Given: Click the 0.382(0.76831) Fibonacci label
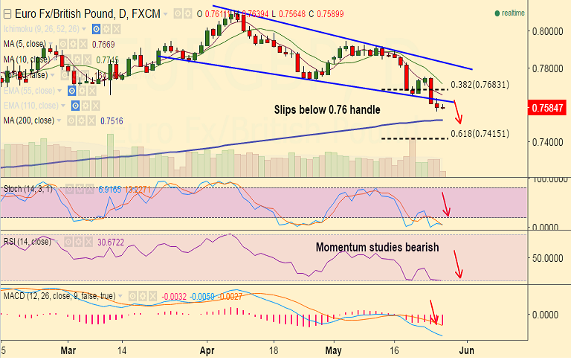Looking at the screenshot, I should coord(480,85).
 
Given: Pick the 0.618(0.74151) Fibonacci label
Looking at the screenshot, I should coord(480,134).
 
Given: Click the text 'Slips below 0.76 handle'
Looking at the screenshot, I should coord(328,109).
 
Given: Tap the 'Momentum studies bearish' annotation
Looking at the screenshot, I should coord(377,247).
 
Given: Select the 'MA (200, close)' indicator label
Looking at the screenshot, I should coord(29,120).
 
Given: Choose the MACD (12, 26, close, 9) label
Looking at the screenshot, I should coord(59,296).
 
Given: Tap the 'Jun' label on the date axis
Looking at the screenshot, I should coord(468,349).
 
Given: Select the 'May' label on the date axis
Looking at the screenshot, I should coord(334,349).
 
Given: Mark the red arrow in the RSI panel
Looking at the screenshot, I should coord(457,264).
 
